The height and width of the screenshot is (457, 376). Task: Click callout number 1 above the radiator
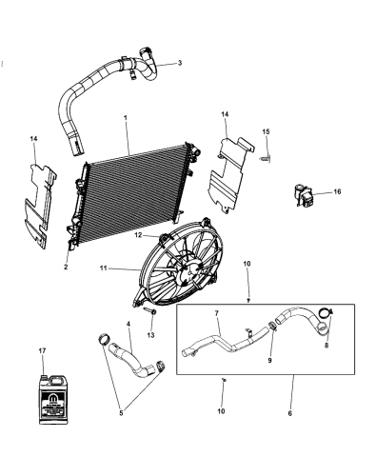pos(124,118)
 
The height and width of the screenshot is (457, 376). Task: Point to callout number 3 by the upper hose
pos(179,63)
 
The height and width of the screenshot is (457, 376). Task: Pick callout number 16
pos(336,192)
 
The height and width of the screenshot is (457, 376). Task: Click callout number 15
pos(267,131)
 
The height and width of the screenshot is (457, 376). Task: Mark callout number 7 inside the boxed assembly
pos(216,312)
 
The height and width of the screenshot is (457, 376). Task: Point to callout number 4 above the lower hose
pos(128,325)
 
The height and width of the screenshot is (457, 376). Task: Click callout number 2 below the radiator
pos(66,268)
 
